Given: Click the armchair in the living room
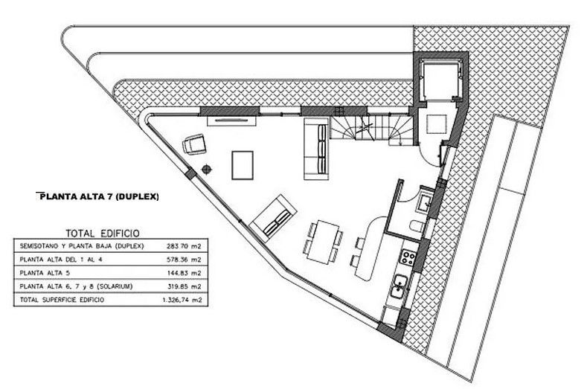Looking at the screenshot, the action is point(194,144).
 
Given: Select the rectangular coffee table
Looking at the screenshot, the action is point(243,165).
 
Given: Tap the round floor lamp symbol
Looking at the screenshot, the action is point(207,170).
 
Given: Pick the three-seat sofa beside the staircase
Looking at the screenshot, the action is point(316,149).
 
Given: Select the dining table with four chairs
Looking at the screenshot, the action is point(322,242).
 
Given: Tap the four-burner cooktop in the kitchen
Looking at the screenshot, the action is point(408,257).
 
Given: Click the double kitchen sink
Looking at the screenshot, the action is point(400,286).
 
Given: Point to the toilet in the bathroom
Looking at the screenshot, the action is point(417,227).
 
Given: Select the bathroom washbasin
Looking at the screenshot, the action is point(426,202).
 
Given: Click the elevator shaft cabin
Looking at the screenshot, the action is point(440,80).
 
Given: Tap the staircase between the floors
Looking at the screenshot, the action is point(371,129).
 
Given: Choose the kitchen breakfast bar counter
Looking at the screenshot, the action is point(371,248).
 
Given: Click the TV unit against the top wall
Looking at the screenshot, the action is point(231,120).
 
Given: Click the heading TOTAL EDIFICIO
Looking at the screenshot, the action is point(103,234).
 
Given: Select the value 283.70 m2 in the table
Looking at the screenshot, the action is point(185,246).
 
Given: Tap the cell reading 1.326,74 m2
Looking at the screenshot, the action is point(182,300).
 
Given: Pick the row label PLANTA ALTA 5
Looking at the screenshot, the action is point(45,273).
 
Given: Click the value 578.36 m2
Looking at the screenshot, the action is point(185,260).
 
